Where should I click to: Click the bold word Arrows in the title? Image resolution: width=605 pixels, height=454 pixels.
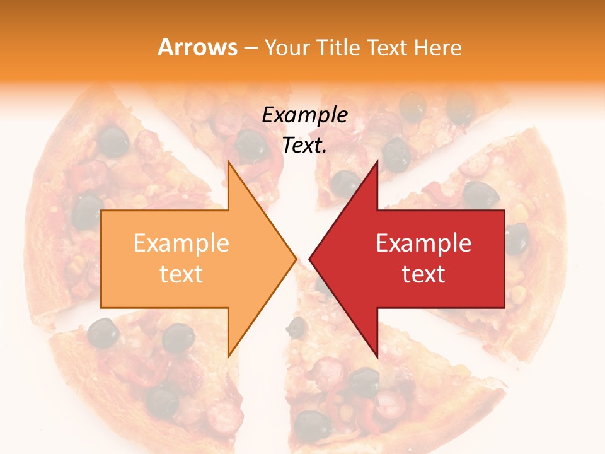pyautogui.click(x=198, y=47)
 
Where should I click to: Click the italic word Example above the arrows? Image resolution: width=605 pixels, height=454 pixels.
pyautogui.click(x=305, y=115)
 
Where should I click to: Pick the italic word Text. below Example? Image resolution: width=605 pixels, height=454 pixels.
pyautogui.click(x=305, y=145)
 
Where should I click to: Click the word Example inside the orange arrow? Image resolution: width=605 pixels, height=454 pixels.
pyautogui.click(x=181, y=243)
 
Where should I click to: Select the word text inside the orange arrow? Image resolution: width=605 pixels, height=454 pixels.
pyautogui.click(x=181, y=274)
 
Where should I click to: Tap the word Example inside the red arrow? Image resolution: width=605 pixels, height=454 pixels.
pyautogui.click(x=423, y=243)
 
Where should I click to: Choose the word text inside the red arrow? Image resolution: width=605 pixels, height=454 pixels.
pyautogui.click(x=423, y=274)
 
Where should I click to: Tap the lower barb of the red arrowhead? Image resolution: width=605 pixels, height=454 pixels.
pyautogui.click(x=376, y=353)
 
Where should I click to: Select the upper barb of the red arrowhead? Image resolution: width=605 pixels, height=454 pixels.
pyautogui.click(x=376, y=166)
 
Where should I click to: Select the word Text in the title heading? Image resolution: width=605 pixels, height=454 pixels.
pyautogui.click(x=386, y=47)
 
